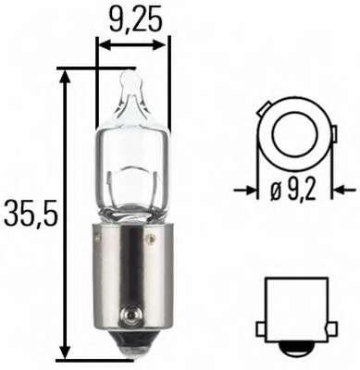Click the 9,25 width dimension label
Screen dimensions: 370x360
tap(133, 17)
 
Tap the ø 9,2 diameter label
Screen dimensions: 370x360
tap(296, 191)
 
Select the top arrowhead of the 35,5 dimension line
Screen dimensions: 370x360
tap(64, 75)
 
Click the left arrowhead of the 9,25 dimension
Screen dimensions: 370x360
tap(102, 43)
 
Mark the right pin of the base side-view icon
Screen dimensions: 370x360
tap(330, 321)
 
